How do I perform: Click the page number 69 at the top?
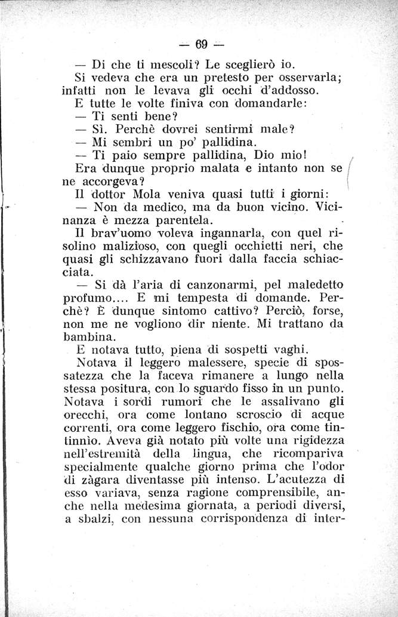[x=200, y=44]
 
